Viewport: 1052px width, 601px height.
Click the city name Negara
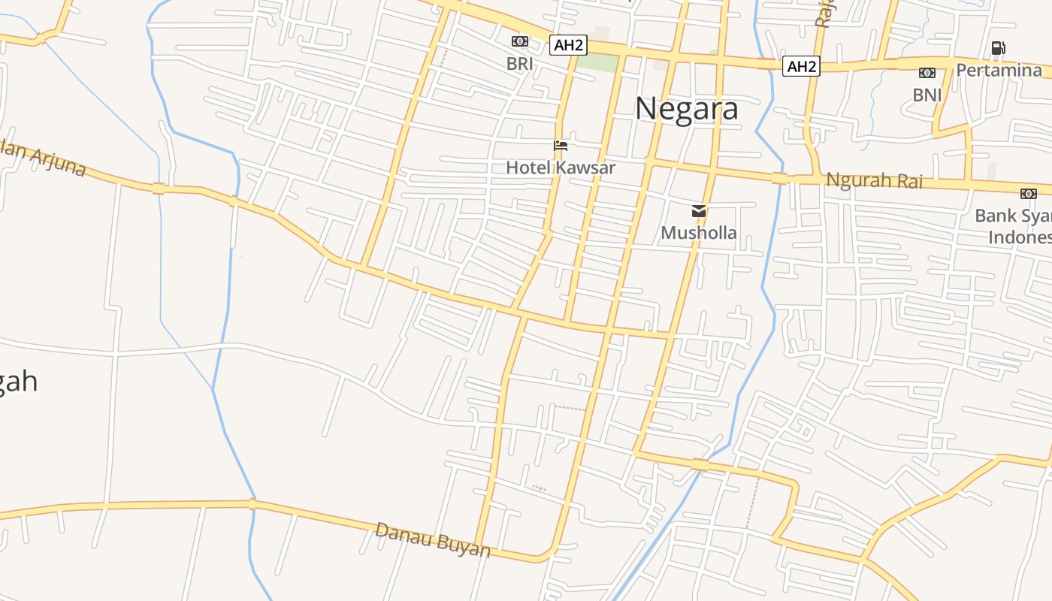point(686,110)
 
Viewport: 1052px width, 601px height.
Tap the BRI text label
point(519,64)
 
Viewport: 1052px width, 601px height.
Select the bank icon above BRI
point(519,41)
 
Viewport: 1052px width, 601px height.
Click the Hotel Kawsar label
point(560,168)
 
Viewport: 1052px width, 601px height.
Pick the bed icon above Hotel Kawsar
point(561,146)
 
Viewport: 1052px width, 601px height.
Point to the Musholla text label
point(698,233)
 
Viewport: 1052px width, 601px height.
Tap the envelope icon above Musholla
point(699,211)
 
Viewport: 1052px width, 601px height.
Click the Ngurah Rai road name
point(874,180)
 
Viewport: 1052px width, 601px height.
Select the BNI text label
point(927,95)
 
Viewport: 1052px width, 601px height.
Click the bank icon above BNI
point(927,73)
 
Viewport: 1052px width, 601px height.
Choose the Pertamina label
point(999,71)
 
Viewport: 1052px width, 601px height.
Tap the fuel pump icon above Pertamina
point(998,48)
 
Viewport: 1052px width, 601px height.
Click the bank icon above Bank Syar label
point(1028,194)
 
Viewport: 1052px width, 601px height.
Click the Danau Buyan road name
point(433,540)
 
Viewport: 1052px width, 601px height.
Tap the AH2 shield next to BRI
point(567,45)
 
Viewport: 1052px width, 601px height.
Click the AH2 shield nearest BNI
point(800,67)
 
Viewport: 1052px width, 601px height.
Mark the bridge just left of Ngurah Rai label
point(779,179)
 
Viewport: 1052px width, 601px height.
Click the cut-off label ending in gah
point(18,382)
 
